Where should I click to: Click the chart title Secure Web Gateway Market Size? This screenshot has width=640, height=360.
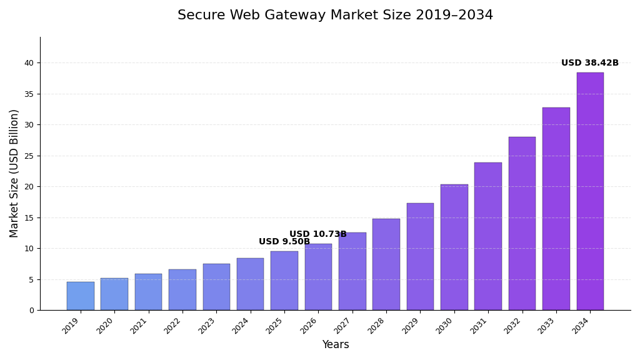pos(335,16)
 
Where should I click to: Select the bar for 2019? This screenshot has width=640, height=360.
pos(81,296)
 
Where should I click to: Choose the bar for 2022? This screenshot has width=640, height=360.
pos(182,290)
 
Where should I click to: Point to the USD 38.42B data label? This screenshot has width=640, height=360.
pos(589,63)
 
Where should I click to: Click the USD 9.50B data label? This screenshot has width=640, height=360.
pos(284,242)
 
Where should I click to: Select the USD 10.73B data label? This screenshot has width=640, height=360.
pos(317,234)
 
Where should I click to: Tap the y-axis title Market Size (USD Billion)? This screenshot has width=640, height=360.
pos(14,173)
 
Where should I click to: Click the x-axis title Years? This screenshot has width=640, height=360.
pos(335,345)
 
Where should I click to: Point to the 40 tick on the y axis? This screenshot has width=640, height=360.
pos(29,63)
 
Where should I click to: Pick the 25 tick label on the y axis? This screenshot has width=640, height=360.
pos(29,156)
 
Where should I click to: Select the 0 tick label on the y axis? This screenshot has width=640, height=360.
pos(31,311)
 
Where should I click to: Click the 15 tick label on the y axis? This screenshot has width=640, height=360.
pos(29,217)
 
